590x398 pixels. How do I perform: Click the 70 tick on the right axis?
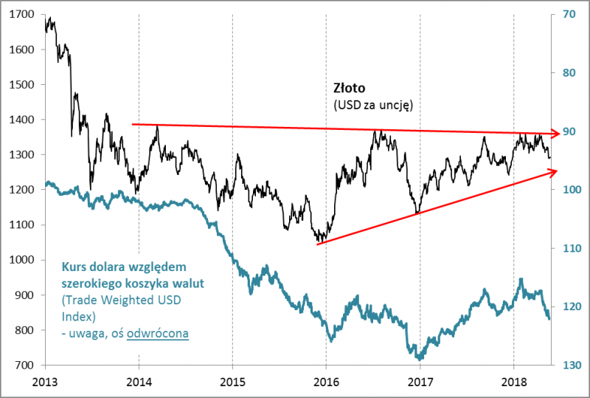pos(568,14)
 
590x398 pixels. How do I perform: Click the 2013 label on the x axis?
pos(45,382)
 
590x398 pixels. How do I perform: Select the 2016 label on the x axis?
pos(325,382)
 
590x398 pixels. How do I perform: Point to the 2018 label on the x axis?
pos(513,382)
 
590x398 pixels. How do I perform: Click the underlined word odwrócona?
pos(157,334)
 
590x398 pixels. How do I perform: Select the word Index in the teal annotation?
pos(78,317)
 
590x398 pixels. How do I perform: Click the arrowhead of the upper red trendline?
pos(549,133)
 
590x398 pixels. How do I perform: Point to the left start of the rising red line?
pos(317,244)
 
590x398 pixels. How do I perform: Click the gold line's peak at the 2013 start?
pos(49,19)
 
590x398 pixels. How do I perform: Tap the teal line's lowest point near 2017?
pos(420,358)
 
